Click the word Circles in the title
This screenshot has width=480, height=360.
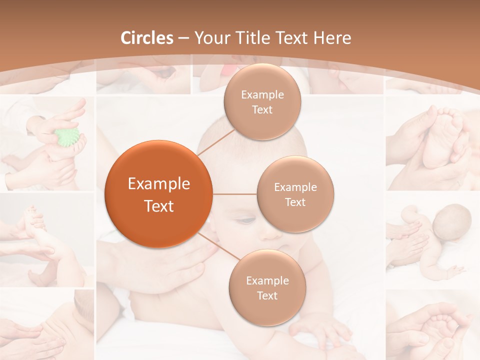click(147, 38)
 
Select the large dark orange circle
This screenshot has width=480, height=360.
click(158, 194)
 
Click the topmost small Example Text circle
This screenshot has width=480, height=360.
click(262, 101)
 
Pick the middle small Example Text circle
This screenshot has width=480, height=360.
click(295, 194)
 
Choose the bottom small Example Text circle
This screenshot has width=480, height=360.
click(267, 287)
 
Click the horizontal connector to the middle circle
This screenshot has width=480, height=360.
click(234, 194)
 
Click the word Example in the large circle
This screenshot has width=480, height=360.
click(158, 184)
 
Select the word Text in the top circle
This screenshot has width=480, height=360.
click(262, 109)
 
